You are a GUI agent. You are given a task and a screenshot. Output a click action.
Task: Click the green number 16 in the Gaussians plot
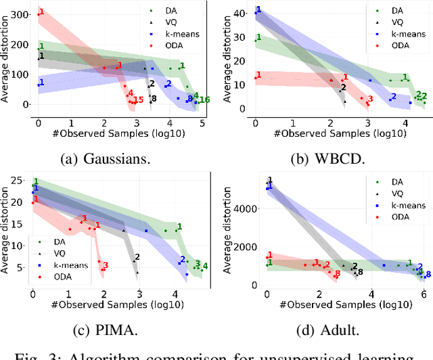click(x=204, y=100)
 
